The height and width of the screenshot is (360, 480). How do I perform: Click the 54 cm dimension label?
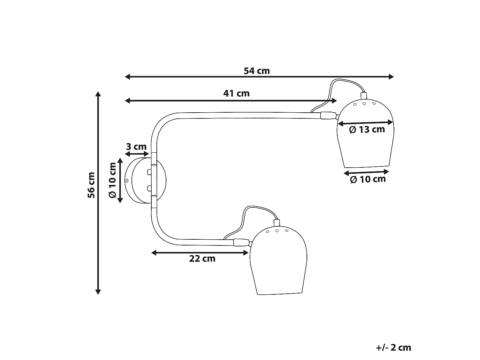(x=257, y=71)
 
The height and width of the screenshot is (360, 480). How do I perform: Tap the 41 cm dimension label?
(x=236, y=93)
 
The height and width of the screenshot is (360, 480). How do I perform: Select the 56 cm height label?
(x=92, y=185)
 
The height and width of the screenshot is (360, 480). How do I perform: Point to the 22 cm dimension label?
(x=202, y=259)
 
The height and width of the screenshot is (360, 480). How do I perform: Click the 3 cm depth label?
(x=136, y=147)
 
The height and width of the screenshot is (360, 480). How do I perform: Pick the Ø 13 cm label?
(x=367, y=130)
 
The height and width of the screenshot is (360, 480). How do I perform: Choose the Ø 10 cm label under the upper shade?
(x=368, y=180)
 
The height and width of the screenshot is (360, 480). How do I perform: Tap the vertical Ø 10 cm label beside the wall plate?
(x=112, y=180)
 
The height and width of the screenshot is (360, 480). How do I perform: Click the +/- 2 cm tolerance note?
(x=394, y=348)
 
